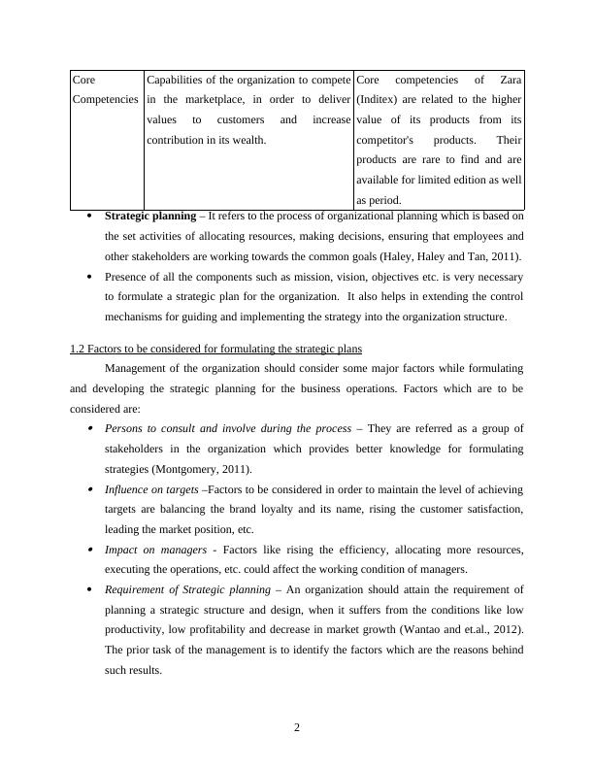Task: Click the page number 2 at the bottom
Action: point(298,729)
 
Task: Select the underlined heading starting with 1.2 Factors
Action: point(216,349)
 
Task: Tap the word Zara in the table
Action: point(510,80)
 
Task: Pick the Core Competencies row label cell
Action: point(106,89)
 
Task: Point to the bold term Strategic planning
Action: point(150,217)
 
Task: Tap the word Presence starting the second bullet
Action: point(127,277)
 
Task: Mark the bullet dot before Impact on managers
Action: point(90,551)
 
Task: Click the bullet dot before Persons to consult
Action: point(90,429)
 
